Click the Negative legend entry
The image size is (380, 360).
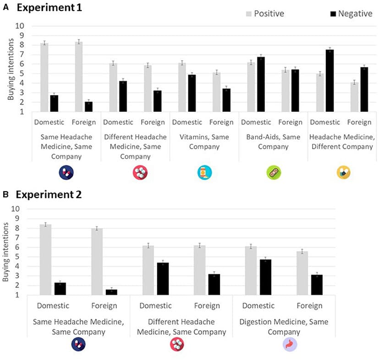click(x=350, y=14)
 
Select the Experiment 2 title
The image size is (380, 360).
click(x=49, y=194)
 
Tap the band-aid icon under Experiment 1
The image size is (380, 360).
click(x=274, y=172)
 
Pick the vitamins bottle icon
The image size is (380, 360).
click(x=204, y=172)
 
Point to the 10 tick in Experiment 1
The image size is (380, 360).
click(x=20, y=26)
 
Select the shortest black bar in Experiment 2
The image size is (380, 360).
click(x=111, y=292)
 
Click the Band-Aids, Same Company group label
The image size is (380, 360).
click(x=273, y=142)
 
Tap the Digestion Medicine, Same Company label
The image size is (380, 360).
click(x=284, y=327)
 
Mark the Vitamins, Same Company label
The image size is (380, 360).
click(x=204, y=142)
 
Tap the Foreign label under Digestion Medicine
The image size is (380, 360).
click(x=309, y=305)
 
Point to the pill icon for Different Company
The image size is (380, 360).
click(x=342, y=172)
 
